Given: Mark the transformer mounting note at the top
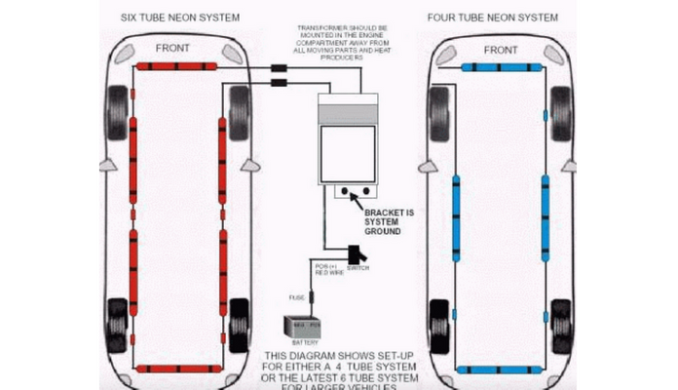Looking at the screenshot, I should click(x=327, y=44).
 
